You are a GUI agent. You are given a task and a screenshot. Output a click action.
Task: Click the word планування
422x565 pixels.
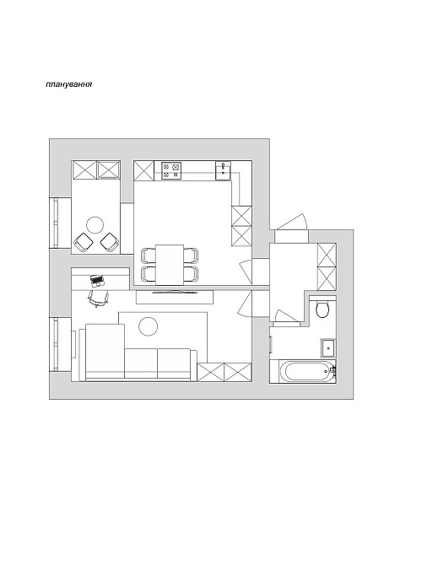point(69,84)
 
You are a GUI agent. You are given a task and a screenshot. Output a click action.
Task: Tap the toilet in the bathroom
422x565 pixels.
point(322,308)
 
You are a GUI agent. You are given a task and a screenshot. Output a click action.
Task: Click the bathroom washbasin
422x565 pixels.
point(327,348)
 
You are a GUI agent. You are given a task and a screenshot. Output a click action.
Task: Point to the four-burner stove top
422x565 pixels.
point(171,170)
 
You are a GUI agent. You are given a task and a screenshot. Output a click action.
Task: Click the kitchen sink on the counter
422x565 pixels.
point(223,170)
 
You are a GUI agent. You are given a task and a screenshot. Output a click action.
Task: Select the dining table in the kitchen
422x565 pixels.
point(170,265)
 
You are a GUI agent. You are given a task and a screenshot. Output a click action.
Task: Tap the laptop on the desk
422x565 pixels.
point(97,280)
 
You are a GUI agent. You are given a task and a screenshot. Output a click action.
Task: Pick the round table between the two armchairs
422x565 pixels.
point(95,225)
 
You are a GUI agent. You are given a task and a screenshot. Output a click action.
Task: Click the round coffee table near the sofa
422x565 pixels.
point(149,326)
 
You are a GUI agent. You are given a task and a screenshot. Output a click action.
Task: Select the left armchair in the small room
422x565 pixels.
point(84,242)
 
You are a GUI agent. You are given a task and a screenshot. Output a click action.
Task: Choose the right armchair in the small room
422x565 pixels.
point(109,242)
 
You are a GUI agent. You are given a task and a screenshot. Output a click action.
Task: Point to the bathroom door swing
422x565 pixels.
point(286,316)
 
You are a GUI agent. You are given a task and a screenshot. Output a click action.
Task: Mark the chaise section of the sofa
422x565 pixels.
point(105,351)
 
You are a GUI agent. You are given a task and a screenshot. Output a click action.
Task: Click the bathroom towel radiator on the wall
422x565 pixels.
point(271,344)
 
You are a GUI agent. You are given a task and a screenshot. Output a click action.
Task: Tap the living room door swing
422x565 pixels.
point(246,304)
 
